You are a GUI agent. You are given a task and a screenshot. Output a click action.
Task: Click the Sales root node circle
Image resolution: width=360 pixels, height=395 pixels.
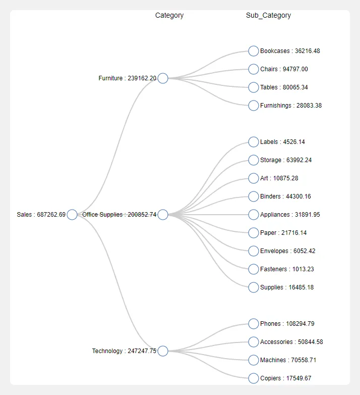[x=72, y=215]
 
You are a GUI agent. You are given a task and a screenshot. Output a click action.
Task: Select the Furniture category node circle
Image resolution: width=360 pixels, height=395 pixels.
[x=163, y=78]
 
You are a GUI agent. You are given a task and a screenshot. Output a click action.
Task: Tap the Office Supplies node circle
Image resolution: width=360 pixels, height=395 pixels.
[x=163, y=215]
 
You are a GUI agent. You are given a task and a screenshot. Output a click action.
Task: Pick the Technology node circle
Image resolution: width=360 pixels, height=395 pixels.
[x=163, y=351]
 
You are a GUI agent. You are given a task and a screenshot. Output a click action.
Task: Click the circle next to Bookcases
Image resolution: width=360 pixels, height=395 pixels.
[x=254, y=51]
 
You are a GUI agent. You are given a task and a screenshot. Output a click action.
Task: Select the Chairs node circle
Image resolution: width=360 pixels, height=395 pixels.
[x=254, y=69]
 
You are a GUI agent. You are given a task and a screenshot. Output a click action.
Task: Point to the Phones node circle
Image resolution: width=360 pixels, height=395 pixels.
[x=254, y=324]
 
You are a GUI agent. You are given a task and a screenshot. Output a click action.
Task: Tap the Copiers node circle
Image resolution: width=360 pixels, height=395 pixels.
[x=254, y=378]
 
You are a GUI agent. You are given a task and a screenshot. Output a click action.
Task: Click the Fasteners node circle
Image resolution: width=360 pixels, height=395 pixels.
[x=254, y=269]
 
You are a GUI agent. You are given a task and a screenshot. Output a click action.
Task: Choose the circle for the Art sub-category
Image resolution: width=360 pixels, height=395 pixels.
[x=254, y=178]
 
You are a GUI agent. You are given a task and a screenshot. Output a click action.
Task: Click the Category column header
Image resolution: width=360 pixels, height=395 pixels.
[x=169, y=16]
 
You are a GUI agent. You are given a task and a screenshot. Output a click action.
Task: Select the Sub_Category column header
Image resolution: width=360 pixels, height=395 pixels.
[x=268, y=16]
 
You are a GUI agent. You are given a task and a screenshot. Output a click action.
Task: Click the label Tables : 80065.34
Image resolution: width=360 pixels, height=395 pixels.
[x=284, y=87]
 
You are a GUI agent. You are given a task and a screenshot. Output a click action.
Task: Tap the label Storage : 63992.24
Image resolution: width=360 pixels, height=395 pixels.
[x=286, y=160]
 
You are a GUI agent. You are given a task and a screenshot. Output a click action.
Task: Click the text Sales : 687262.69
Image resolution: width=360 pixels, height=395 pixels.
[x=41, y=215]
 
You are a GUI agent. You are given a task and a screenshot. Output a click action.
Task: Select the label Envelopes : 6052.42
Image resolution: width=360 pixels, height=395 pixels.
[x=288, y=251]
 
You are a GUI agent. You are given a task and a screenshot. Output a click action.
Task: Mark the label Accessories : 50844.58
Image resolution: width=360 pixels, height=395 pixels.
[x=291, y=342]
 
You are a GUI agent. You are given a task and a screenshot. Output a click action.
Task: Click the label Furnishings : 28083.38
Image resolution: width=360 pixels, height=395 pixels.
[x=291, y=106]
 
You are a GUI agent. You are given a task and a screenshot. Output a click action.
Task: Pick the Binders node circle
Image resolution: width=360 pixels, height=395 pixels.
[x=254, y=196]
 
